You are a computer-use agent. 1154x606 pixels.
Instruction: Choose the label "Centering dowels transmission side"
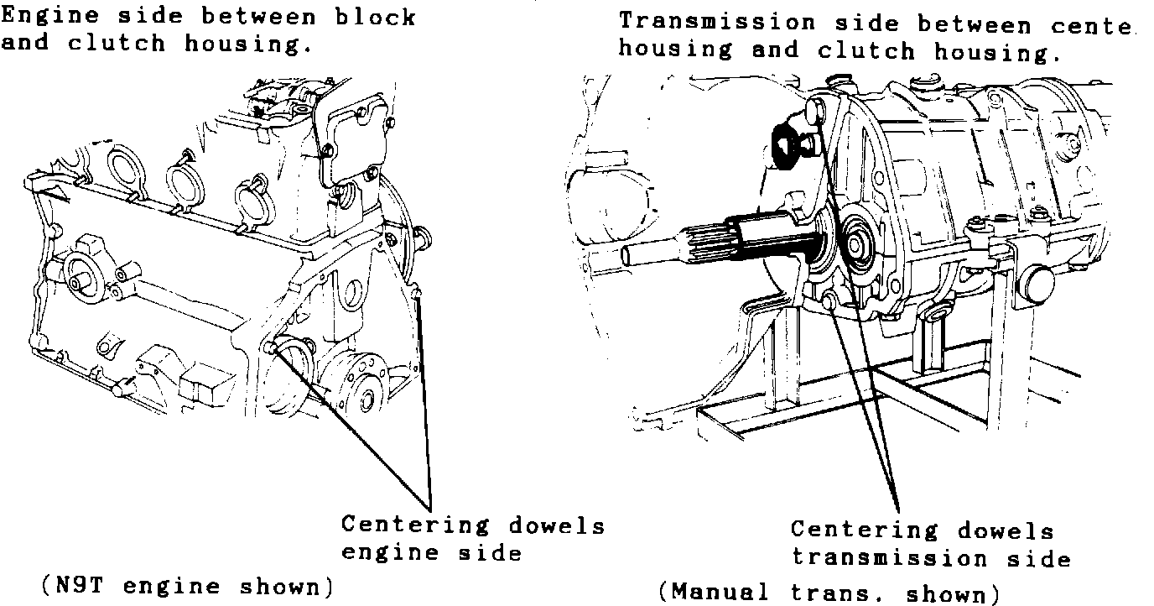coord(923,544)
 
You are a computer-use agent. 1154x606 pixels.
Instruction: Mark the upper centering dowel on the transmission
coord(813,108)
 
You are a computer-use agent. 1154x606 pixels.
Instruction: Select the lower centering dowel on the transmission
coord(831,300)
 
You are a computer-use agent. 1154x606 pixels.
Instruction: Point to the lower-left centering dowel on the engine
coord(271,348)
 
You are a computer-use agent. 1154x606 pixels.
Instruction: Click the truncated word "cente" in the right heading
coord(1089,25)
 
